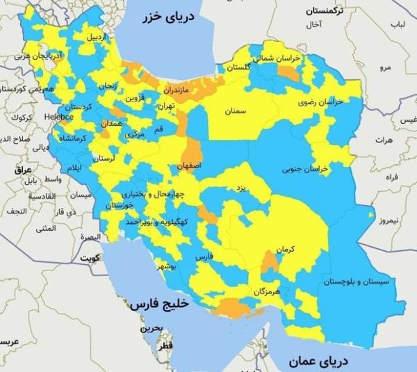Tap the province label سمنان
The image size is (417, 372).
click(x=236, y=110)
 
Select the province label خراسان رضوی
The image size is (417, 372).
click(x=321, y=102)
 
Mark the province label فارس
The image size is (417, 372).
click(x=202, y=257)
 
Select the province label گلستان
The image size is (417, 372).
click(x=238, y=67)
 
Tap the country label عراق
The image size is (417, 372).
click(x=24, y=170)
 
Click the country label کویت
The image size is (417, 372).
click(x=90, y=258)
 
